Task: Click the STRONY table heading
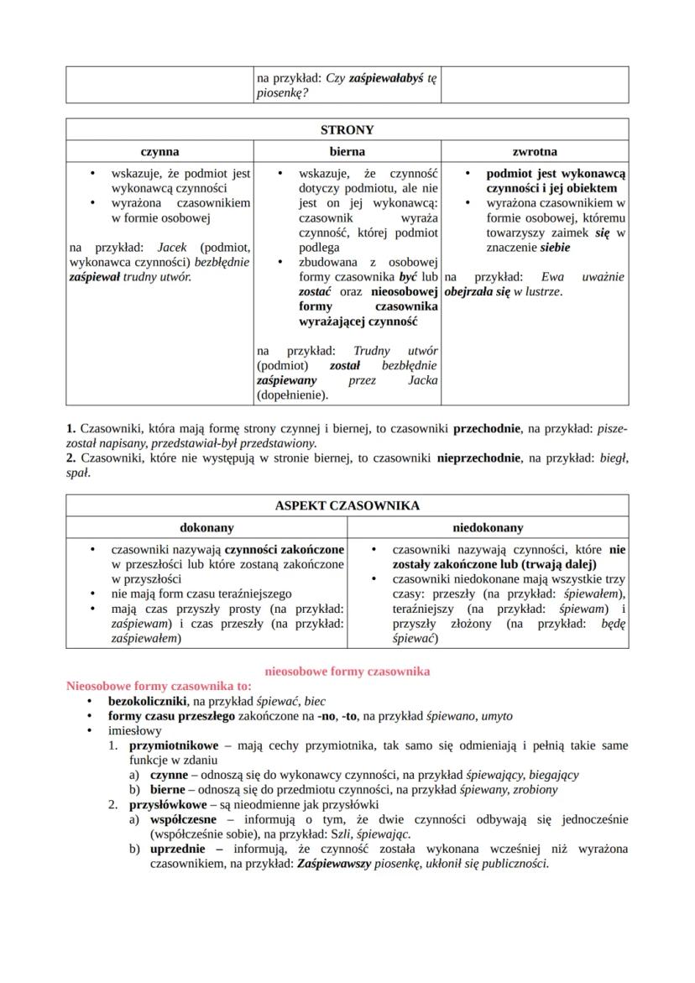coord(347,130)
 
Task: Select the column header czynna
coord(159,152)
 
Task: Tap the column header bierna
coord(347,152)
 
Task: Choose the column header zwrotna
coord(535,152)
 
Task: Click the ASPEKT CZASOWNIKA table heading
coord(347,506)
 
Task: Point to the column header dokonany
coord(206,528)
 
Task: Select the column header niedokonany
coord(488,528)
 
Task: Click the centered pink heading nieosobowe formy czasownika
coord(347,672)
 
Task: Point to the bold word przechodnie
coord(486,428)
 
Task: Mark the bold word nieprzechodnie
coord(481,458)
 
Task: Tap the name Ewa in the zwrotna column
coord(552,277)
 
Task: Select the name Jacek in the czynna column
coord(171,248)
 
